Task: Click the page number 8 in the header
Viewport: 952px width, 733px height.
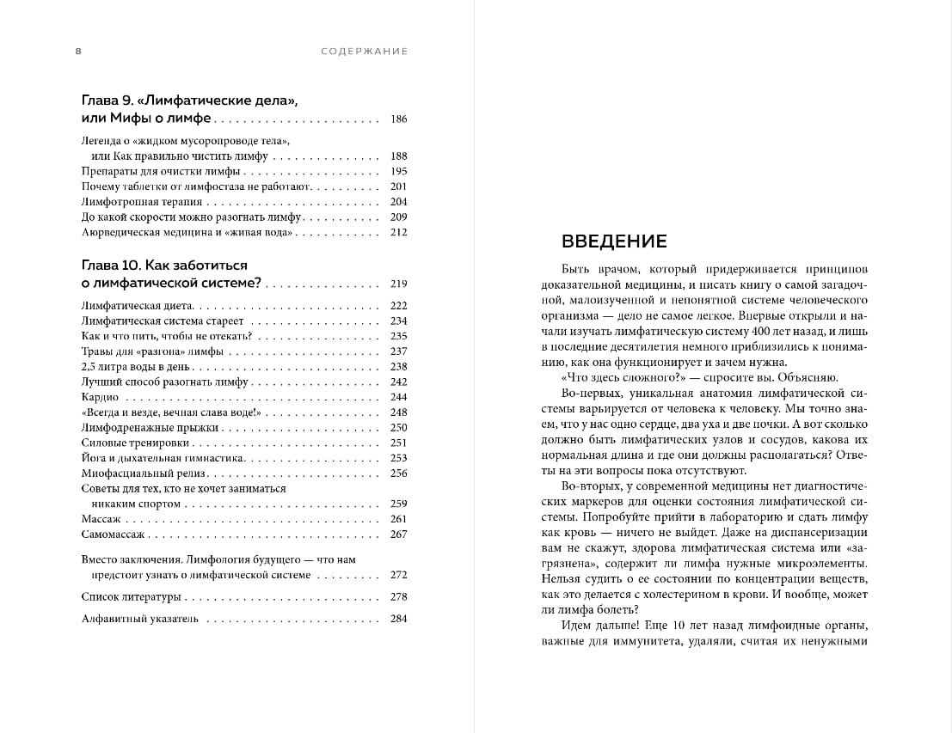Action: (78, 52)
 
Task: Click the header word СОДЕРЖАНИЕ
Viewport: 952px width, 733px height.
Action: (364, 52)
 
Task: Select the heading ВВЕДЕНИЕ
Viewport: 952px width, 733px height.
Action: (614, 241)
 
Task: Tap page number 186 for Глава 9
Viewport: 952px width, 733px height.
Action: (398, 119)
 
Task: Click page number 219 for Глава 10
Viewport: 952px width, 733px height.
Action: (398, 284)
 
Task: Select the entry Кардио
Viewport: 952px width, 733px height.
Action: (100, 397)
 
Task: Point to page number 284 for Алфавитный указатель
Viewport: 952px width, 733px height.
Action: (398, 619)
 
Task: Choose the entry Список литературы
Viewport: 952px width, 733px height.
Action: (131, 596)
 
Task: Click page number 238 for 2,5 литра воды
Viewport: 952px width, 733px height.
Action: (398, 366)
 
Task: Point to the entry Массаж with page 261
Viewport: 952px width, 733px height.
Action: (101, 519)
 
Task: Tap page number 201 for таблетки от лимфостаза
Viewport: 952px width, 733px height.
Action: (398, 186)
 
